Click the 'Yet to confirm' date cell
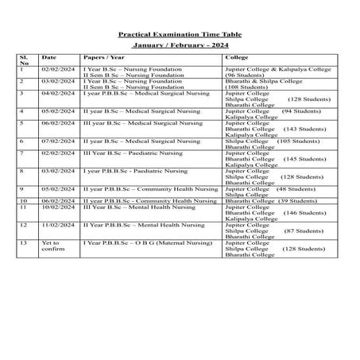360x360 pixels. pyautogui.click(x=50, y=246)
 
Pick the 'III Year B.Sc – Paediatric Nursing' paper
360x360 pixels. pyautogui.click(x=128, y=152)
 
